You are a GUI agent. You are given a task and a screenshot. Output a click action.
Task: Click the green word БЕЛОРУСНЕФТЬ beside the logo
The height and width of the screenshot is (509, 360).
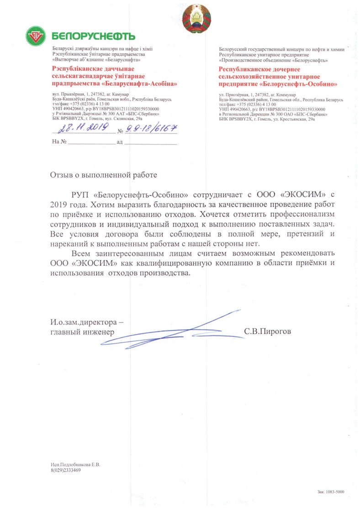coord(94,36)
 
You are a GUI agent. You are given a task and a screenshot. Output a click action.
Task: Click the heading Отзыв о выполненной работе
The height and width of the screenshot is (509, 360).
coord(103,174)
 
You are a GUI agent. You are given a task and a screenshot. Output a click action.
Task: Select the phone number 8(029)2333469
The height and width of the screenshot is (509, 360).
coord(66,470)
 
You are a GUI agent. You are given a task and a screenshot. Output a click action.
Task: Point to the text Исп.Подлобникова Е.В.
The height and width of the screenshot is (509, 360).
coord(75,465)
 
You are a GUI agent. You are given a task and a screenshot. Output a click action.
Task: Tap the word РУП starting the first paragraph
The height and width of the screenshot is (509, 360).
coord(80,190)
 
